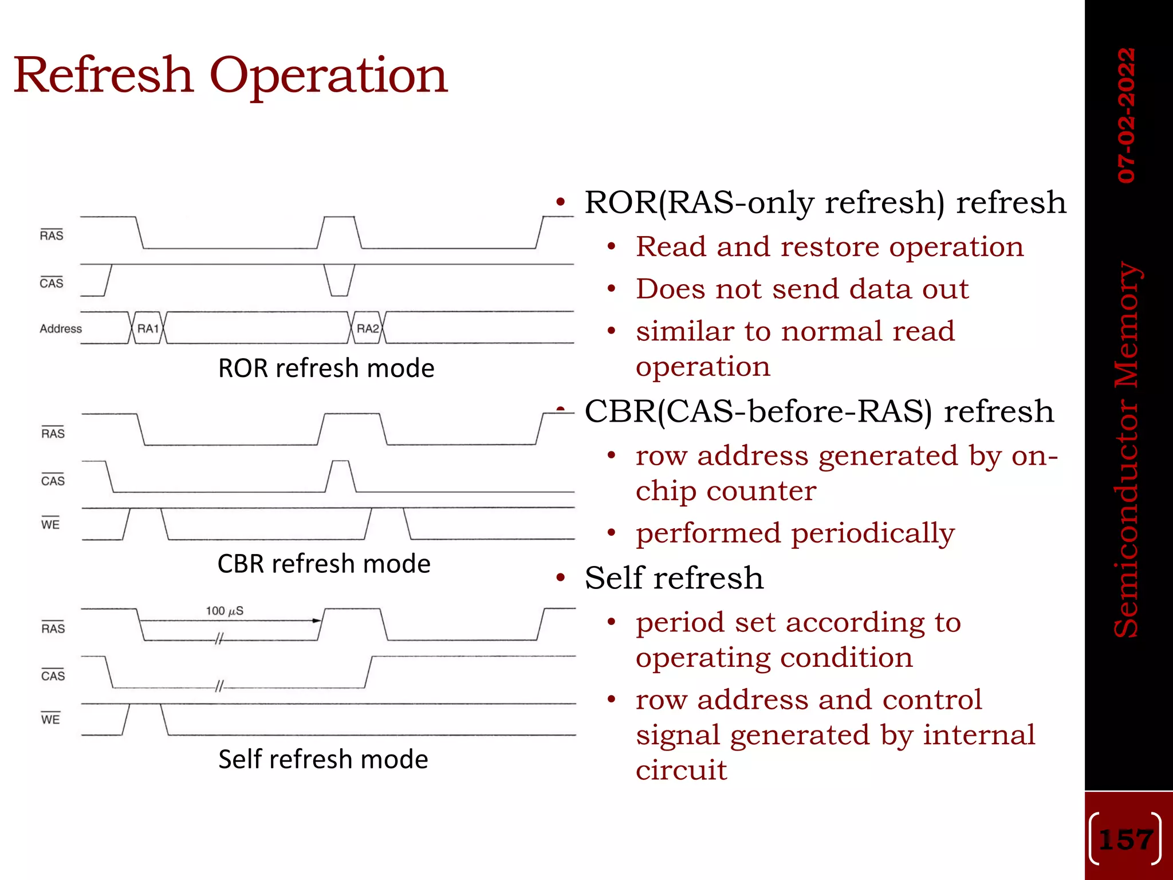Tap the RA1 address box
[148, 328]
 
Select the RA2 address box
[367, 328]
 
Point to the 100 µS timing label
[225, 611]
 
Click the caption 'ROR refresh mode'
[326, 368]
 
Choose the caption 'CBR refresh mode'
[324, 564]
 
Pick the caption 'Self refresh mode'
[323, 759]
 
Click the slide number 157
[1125, 840]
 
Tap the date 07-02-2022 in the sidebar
[1127, 115]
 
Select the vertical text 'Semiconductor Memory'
[1127, 450]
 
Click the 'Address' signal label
[61, 329]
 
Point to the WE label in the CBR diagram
[50, 524]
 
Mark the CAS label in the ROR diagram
[52, 283]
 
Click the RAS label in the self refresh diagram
[53, 628]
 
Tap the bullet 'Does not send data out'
[802, 289]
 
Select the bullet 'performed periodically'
[795, 533]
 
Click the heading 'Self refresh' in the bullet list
[674, 577]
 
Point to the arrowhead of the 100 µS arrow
[316, 620]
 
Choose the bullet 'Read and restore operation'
[829, 247]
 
